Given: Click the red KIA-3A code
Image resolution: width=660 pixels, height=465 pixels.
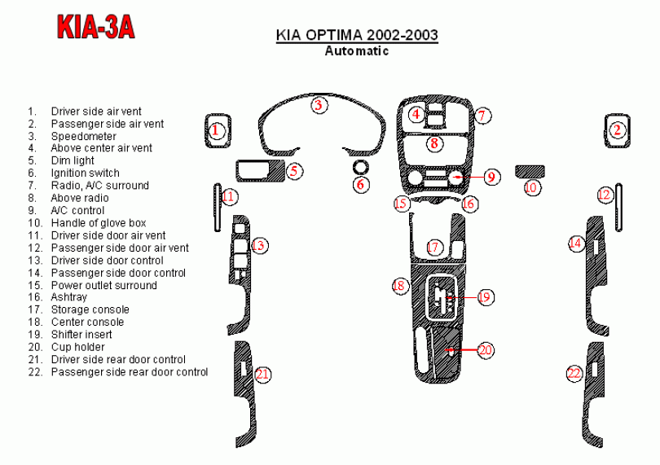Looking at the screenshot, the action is coord(96,27).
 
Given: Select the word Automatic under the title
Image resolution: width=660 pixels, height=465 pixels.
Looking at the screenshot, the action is coord(357,51).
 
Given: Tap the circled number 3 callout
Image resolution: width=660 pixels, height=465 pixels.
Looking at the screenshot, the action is coord(319,105).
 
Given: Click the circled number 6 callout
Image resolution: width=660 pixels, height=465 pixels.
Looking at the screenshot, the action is coord(361,184).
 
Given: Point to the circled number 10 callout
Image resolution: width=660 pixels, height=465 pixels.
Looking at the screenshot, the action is coord(531,187).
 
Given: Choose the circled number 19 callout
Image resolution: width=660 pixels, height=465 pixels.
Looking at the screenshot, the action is coord(485,297).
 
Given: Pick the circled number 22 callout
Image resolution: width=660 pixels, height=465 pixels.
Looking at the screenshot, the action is coord(574,373).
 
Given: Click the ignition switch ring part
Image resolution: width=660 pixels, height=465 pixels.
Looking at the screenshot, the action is coord(361,167).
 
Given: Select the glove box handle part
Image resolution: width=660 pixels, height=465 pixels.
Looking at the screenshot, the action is coord(530,172).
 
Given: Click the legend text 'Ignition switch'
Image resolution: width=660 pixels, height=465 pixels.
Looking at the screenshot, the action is coord(85,173).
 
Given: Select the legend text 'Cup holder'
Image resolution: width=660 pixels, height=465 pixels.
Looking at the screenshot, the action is coord(78,347).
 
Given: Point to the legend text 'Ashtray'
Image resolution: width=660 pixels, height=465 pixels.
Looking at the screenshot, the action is coord(69,297).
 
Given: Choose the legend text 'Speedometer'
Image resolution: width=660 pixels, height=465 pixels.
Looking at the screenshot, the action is coord(84,136).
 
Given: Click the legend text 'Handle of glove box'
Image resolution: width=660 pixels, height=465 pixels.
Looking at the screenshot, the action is coord(99,222).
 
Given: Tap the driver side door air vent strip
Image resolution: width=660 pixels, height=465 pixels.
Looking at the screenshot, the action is coord(218,208).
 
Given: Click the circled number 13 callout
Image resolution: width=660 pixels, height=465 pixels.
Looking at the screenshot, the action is coord(259,245).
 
